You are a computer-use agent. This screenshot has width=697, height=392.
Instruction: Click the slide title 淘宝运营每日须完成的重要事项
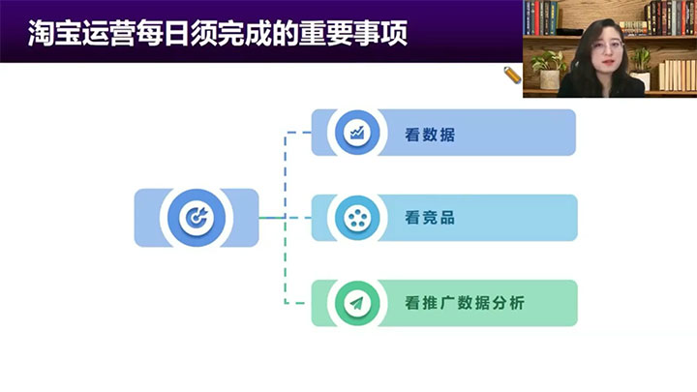click(218, 33)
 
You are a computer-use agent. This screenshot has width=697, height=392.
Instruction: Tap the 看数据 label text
click(430, 135)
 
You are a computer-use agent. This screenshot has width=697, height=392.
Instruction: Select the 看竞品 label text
click(430, 218)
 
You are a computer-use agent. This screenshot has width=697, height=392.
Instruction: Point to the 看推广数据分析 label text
click(465, 303)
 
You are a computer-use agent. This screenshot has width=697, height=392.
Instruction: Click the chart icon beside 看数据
click(357, 133)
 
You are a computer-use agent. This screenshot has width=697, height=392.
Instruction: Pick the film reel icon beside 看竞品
click(357, 218)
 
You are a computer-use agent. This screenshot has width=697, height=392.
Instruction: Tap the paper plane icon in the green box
click(356, 303)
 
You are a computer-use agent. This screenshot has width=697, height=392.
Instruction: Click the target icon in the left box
click(197, 218)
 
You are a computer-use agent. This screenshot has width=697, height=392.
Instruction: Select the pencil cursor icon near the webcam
click(512, 75)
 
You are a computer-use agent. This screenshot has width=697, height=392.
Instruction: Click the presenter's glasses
click(608, 45)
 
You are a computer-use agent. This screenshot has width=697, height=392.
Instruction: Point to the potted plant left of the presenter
click(549, 70)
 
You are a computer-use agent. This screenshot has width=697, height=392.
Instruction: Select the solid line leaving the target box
click(272, 218)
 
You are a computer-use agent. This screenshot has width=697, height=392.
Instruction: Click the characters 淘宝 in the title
click(54, 33)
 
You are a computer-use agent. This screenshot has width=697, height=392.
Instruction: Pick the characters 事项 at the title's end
click(381, 33)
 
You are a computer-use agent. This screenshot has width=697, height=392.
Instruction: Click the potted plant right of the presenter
click(641, 68)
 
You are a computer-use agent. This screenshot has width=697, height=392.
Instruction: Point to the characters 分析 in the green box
click(508, 303)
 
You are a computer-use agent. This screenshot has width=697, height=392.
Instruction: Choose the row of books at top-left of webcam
click(540, 17)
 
